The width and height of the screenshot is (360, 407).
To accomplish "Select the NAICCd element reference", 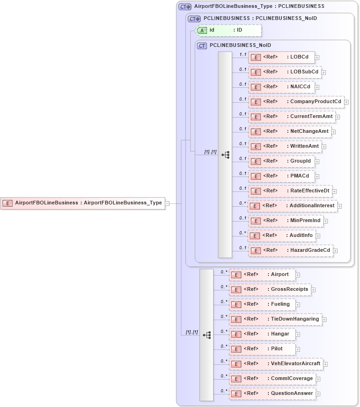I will coord(281,87).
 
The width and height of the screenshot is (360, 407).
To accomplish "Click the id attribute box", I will coord(228,30).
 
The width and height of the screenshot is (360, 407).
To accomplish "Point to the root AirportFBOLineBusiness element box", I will coord(83,203).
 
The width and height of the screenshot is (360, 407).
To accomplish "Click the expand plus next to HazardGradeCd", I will coord(335,251).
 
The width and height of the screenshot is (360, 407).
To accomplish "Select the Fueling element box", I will coord(262,304).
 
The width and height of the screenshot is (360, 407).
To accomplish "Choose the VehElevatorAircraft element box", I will coord(276,364).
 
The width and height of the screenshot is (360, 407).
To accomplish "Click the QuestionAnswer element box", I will coord(273,394).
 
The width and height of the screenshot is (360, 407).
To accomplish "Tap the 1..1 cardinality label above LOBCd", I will coord(242,54).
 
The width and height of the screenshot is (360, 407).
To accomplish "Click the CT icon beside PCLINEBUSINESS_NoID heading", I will coord(202,46).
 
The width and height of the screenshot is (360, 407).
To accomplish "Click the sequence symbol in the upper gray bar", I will coord(225,155).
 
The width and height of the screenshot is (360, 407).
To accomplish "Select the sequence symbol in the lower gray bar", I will coord(207,335).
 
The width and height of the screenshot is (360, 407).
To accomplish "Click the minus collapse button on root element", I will coord(167,203).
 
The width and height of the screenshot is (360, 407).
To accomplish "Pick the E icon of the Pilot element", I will coord(236,349).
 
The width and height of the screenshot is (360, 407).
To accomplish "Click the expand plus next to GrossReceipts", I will coord(313,289).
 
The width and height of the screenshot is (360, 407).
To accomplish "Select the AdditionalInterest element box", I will coord(292,206).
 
